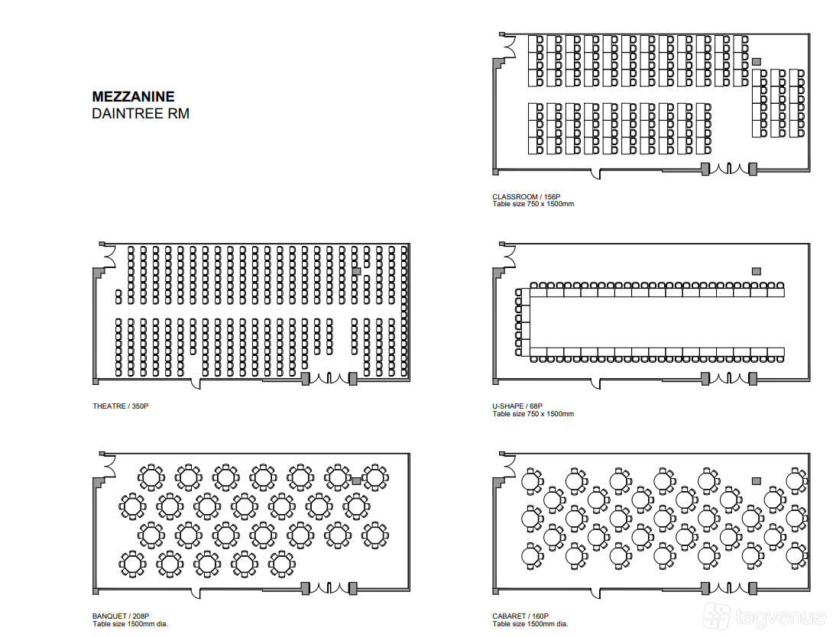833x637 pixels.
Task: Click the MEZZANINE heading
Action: [133, 96]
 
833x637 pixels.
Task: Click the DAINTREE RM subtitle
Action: [141, 114]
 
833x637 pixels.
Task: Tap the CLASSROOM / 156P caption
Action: [526, 196]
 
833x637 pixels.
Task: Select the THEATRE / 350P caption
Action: [121, 406]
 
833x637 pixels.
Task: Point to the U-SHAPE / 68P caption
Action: [517, 406]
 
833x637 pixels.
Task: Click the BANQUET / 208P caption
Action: [121, 616]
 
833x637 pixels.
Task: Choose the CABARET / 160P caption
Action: [520, 616]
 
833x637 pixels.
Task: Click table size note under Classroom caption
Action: [533, 204]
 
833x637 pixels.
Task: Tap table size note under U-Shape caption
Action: [533, 413]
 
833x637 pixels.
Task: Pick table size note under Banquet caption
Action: [130, 624]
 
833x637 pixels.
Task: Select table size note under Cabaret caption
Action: [530, 624]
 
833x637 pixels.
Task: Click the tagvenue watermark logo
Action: [764, 617]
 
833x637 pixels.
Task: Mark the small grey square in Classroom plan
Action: [757, 62]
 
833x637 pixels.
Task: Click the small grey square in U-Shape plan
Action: [757, 271]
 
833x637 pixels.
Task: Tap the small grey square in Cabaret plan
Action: [757, 481]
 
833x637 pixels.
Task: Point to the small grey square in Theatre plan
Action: [356, 271]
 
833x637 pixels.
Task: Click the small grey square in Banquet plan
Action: [356, 481]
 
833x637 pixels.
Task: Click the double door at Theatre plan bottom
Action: [329, 379]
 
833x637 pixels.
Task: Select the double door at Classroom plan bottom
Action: [729, 169]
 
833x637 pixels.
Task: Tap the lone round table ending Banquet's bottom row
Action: [281, 563]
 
